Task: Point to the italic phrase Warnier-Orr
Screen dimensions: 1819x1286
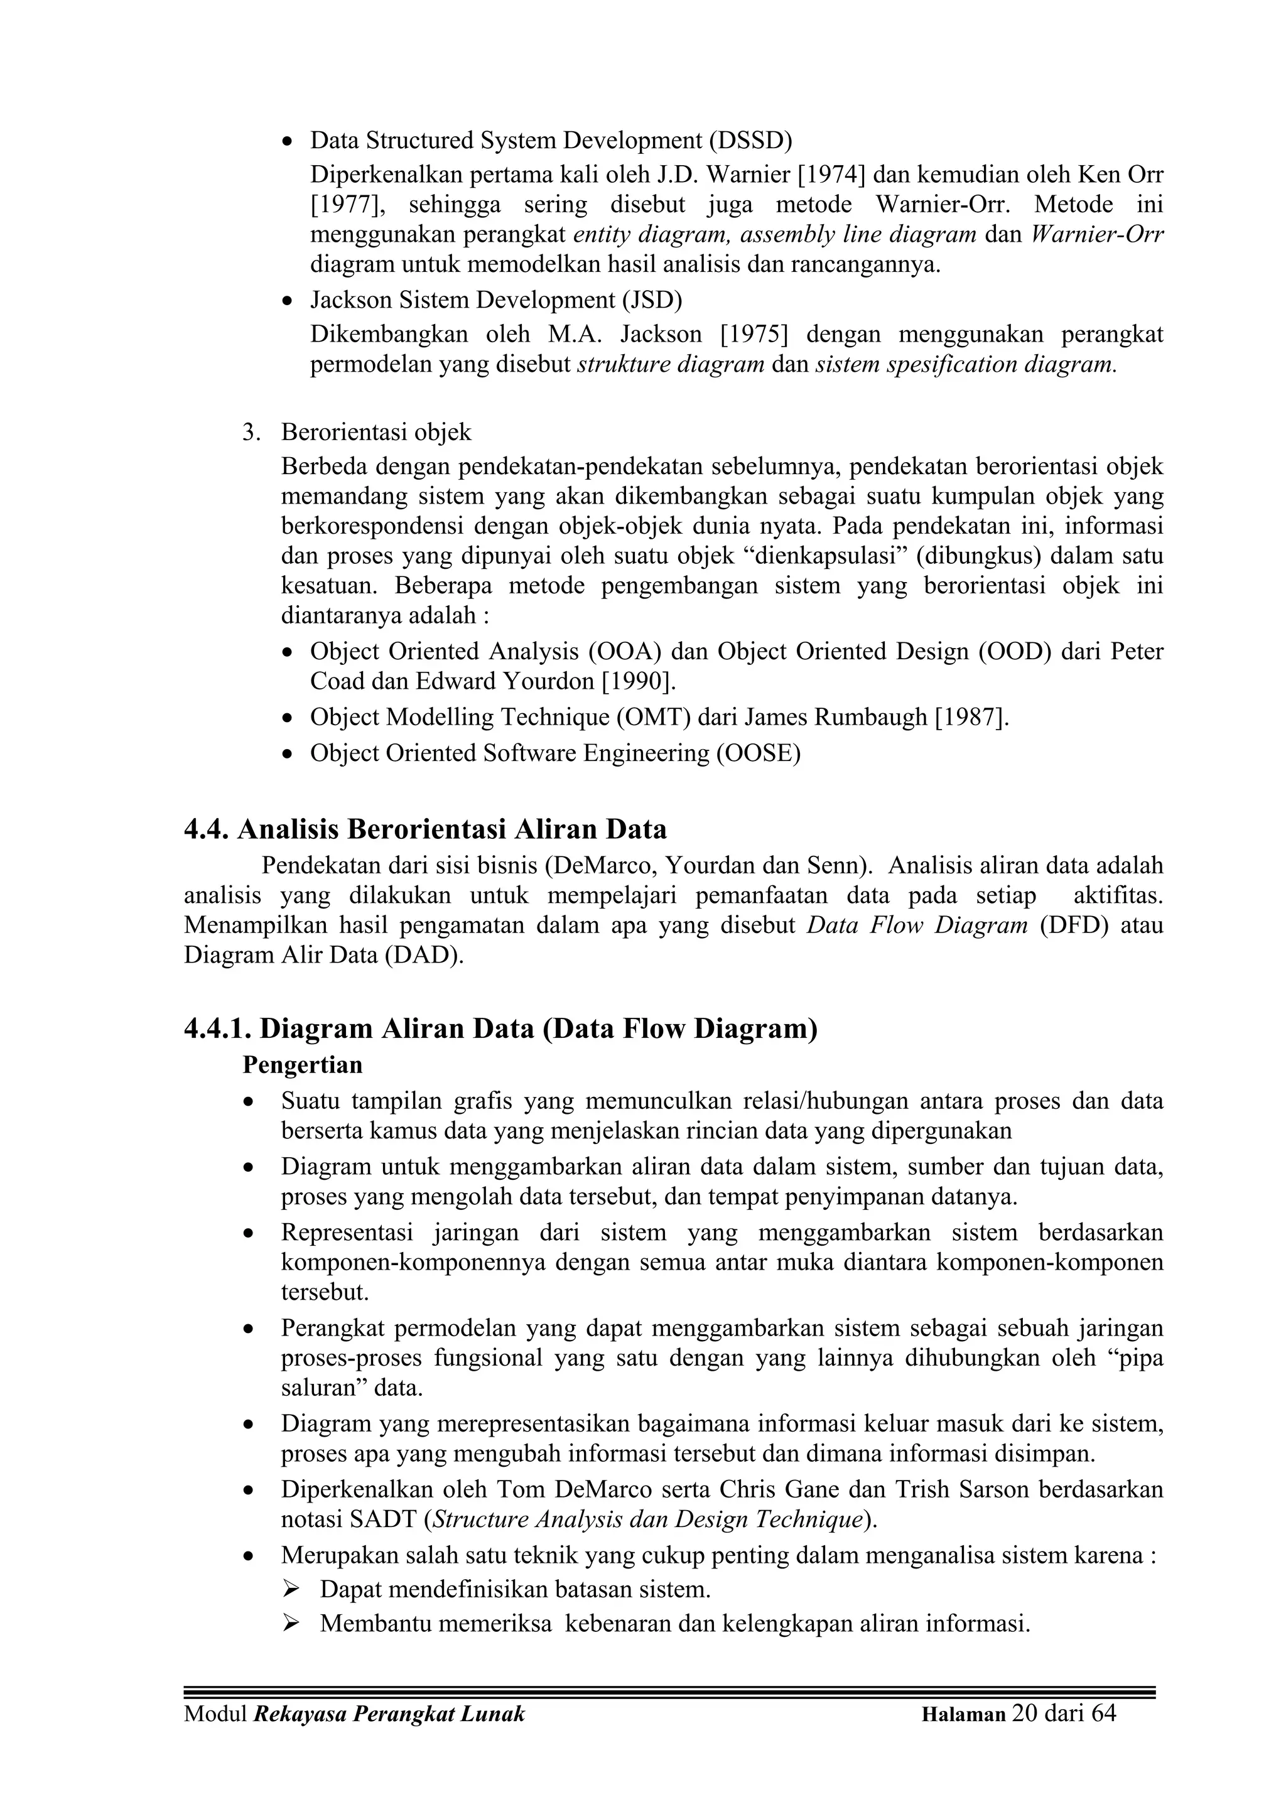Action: tap(1098, 234)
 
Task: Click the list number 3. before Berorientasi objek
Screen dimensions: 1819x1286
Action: tap(251, 433)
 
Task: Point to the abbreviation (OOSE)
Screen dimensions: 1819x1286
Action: tap(759, 753)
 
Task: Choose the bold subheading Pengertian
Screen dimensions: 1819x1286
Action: tap(302, 1065)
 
